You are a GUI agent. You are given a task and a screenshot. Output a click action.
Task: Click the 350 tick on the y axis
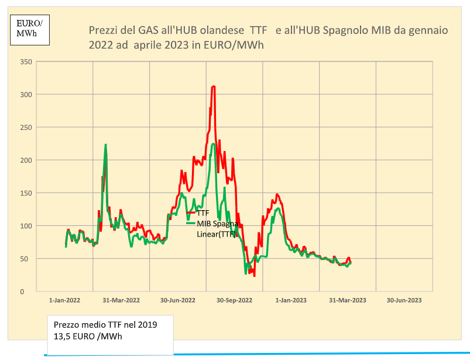[26, 61]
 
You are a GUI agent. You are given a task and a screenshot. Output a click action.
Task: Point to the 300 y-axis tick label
[26, 94]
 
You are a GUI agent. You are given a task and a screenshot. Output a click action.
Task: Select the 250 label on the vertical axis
[26, 127]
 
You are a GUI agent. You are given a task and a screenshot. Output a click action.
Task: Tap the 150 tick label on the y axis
[26, 193]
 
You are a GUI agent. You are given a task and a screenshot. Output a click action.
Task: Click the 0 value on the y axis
[22, 292]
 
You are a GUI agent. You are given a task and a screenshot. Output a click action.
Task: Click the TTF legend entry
[203, 213]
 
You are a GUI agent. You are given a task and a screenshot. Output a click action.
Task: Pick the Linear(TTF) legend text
[216, 234]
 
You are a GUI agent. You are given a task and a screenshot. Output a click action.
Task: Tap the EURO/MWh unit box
[29, 28]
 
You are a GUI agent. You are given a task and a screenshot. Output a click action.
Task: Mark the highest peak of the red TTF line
[214, 86]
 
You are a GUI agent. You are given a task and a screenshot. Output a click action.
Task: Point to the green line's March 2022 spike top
[105, 145]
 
